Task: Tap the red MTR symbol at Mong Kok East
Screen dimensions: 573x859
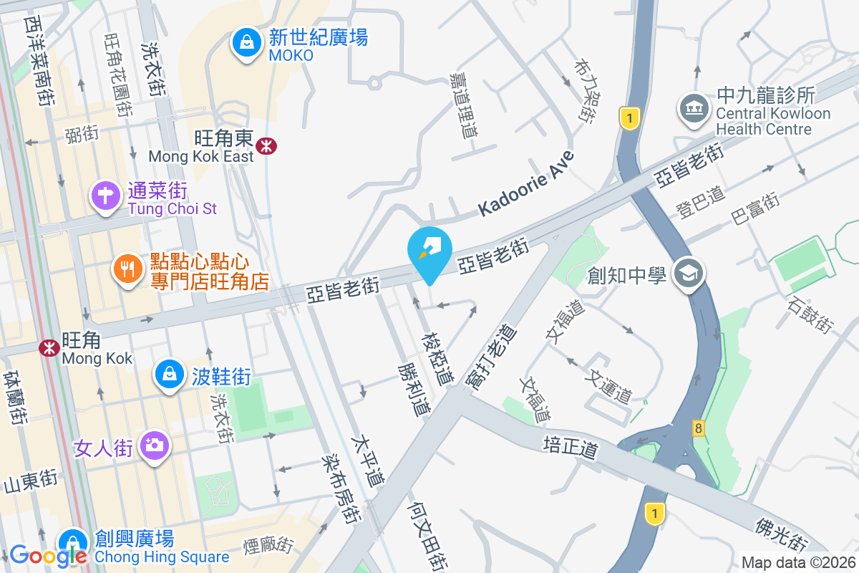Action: tap(267, 146)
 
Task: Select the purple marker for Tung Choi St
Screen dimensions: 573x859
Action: tap(105, 195)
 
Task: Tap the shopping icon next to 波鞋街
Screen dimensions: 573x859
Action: tap(170, 374)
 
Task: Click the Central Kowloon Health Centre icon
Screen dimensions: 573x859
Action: tap(693, 109)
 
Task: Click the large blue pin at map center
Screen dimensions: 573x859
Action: tap(429, 253)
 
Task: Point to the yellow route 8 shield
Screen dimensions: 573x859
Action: tap(698, 428)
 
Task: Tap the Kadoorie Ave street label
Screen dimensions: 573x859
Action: tap(527, 184)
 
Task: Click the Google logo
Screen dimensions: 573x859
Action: tap(47, 554)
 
